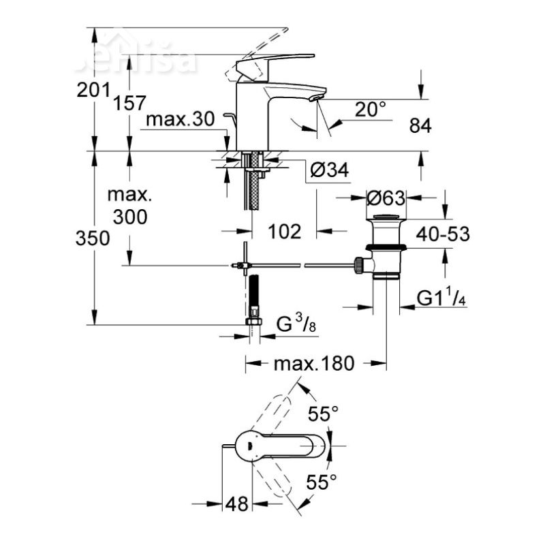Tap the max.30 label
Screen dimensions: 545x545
point(181,120)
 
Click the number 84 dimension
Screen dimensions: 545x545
point(420,125)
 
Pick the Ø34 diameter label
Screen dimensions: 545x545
point(329,172)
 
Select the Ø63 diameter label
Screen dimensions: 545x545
point(386,198)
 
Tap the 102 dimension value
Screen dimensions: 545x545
point(284,232)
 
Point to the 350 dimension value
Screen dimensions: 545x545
point(94,238)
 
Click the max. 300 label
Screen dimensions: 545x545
point(129,206)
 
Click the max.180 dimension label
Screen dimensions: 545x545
point(314,364)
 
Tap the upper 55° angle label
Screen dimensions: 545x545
point(322,414)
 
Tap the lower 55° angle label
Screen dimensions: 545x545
point(322,483)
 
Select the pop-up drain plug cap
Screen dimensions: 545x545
point(386,219)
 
